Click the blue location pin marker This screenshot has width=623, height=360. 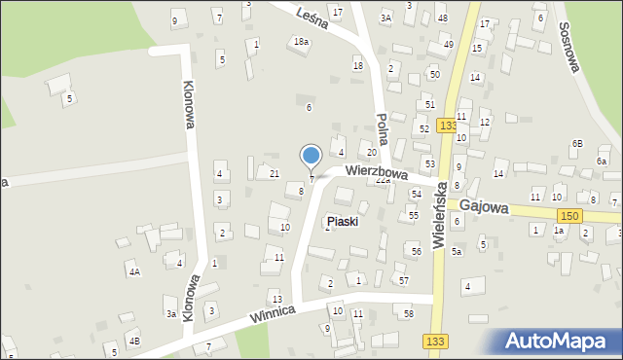coord(311,157)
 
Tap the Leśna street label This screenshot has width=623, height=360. coord(311,17)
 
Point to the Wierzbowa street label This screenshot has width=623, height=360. coord(375,173)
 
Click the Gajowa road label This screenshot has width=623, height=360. coord(485,206)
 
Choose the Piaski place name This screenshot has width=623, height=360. coord(343,222)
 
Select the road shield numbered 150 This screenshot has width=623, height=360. coord(571,215)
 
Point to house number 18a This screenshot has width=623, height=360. coord(302,41)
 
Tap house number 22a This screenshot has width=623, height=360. coord(383,180)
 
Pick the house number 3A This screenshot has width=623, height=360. coord(385,18)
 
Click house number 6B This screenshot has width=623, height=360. coord(577,143)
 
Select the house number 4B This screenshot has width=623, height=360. coord(135,341)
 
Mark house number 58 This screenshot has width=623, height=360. coord(409,313)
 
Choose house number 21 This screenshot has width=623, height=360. coord(275,173)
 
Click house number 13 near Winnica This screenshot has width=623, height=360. coord(276,299)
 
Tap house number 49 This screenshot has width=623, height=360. coord(449,44)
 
